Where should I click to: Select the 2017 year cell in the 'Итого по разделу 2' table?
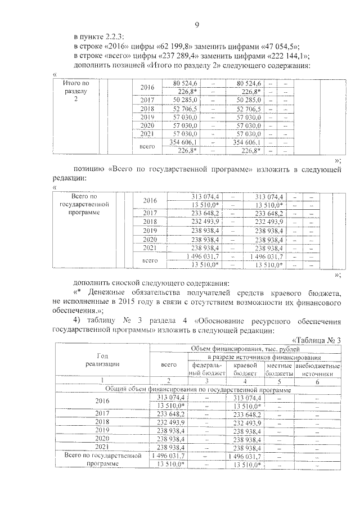(x=147, y=100)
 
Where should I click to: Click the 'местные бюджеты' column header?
(x=279, y=369)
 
